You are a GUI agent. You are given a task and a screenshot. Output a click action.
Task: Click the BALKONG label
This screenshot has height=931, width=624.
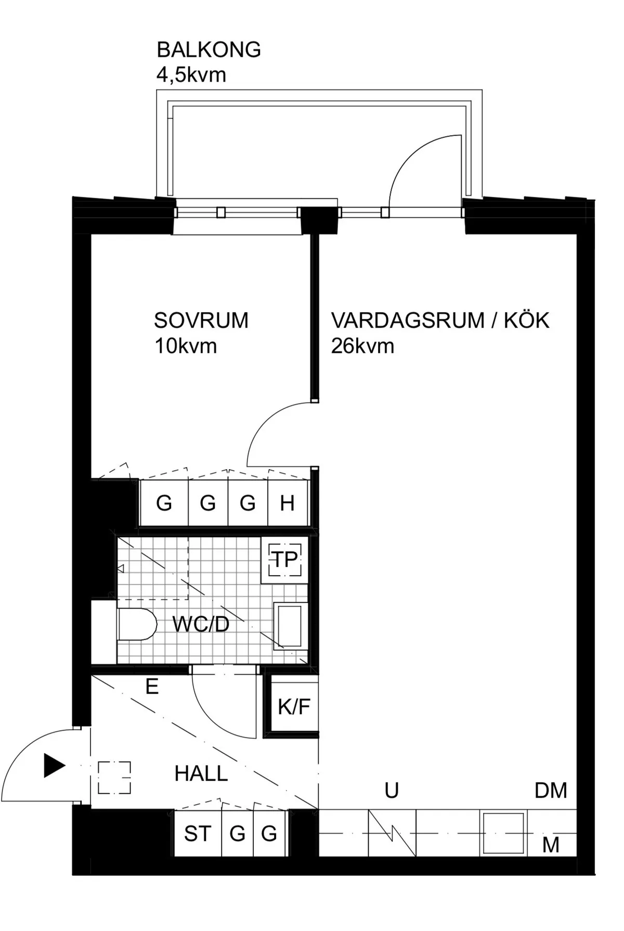209,49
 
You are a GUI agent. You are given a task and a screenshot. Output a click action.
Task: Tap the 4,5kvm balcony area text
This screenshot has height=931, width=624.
191,75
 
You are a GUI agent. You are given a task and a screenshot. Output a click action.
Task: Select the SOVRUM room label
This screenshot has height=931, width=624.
201,320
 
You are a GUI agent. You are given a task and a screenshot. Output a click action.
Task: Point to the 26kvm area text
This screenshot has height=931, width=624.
362,346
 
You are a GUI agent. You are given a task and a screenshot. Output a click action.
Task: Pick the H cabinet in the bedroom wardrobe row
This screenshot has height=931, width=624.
288,503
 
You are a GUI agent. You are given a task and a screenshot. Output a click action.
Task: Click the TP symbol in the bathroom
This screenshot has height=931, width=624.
285,560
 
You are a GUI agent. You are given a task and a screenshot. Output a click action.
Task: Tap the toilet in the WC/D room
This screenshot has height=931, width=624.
137,624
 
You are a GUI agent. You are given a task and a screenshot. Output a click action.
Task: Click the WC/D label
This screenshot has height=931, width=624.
201,624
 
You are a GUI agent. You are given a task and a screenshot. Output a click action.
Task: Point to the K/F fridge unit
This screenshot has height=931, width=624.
294,706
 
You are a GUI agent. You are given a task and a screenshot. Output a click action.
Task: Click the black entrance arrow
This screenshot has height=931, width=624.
55,765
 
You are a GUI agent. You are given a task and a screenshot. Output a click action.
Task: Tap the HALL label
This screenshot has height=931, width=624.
201,773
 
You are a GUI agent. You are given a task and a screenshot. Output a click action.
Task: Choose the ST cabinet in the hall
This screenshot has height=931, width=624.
198,834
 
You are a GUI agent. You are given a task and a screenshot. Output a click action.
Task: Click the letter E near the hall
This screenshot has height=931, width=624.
152,687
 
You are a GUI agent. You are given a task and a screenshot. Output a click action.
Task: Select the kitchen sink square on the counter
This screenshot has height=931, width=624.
503,834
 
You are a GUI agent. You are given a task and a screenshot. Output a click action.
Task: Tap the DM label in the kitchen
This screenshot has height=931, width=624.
551,791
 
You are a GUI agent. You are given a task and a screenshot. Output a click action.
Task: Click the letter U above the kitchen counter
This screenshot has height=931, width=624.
392,791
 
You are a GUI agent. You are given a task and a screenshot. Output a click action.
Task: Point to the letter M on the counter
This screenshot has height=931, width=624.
551,845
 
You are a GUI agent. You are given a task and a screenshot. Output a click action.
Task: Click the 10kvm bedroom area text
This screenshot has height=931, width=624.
186,346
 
